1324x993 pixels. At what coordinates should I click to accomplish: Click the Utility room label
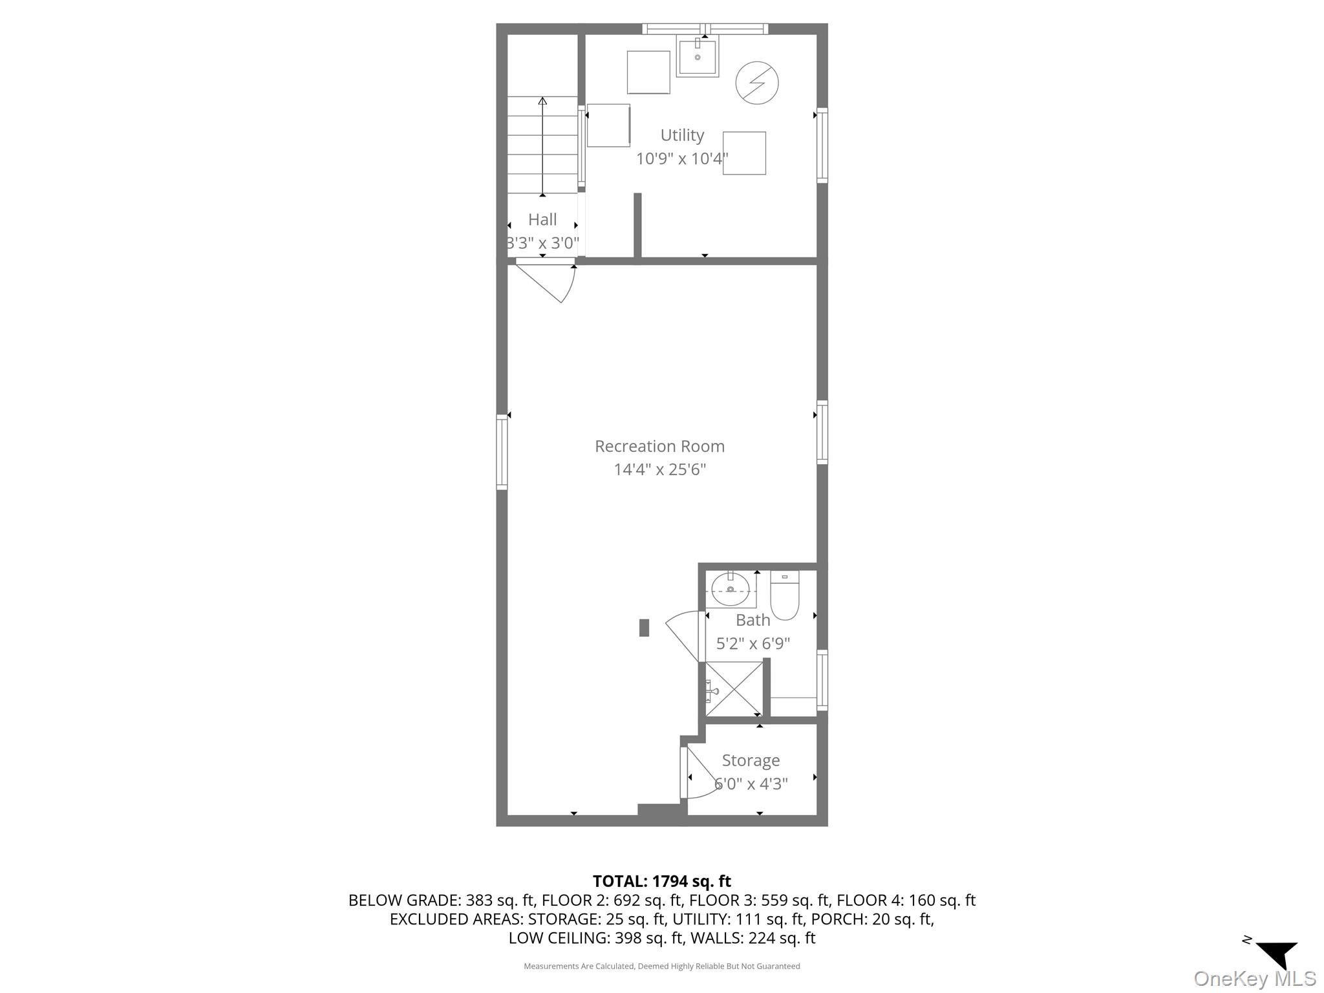pos(682,135)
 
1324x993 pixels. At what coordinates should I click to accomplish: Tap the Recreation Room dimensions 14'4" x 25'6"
pos(659,469)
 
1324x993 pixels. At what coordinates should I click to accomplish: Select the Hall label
pos(542,220)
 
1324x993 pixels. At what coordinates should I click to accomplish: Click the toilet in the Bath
pos(784,595)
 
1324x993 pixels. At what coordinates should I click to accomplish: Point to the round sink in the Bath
pos(731,589)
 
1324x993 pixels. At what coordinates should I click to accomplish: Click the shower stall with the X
pos(734,689)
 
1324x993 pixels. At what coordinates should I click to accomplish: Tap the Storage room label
pos(751,760)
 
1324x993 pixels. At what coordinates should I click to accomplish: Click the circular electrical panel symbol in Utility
pos(757,83)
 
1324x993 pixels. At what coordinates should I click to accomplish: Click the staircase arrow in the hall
pos(542,145)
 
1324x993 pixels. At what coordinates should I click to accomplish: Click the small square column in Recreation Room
pos(644,628)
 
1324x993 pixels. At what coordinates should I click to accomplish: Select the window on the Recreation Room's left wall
pos(502,451)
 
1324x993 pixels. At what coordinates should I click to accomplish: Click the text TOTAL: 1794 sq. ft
pos(661,881)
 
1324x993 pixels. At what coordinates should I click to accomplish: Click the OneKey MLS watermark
pos(1254,979)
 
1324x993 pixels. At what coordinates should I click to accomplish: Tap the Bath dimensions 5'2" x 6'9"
pos(753,644)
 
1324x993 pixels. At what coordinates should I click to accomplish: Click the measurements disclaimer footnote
pos(661,966)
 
